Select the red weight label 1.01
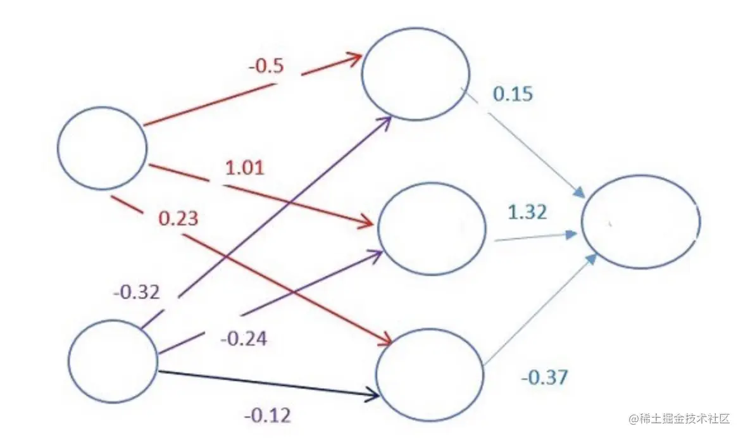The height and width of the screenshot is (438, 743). (244, 168)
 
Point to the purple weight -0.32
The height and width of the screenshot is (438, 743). (137, 292)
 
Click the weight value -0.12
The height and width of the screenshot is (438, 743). (268, 415)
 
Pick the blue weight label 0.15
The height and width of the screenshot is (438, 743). (513, 94)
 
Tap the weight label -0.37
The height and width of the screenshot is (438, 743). (544, 378)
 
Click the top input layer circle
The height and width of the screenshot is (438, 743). (102, 147)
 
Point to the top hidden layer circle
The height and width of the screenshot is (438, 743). (415, 73)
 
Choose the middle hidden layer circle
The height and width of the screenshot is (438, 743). (432, 229)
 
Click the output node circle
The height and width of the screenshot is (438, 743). (640, 222)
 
